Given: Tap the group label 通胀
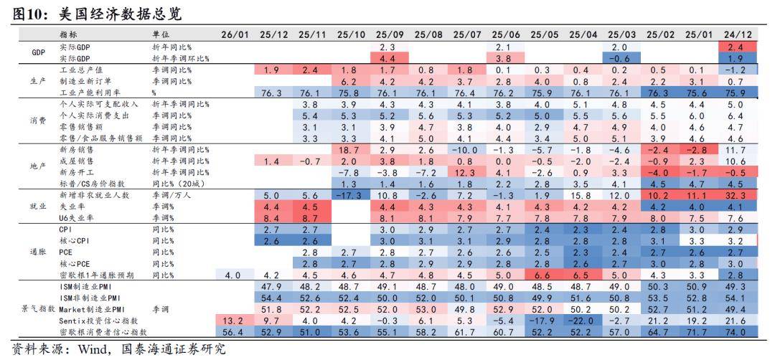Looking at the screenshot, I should [x=38, y=252].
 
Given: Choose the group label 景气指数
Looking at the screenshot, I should [x=38, y=310].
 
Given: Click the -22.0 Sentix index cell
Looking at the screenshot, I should [x=583, y=321].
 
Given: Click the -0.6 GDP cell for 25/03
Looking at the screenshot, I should [x=622, y=58].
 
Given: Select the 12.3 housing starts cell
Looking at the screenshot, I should [x=467, y=173].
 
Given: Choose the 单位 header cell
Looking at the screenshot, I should [x=161, y=35].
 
